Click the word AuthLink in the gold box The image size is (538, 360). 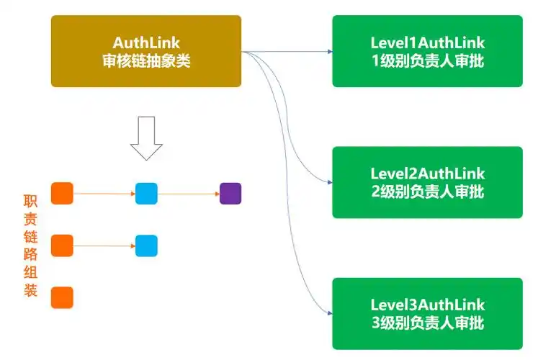(146, 43)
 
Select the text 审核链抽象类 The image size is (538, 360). (146, 60)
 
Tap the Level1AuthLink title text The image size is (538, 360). (428, 43)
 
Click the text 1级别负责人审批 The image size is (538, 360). (428, 60)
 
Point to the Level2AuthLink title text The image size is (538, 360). (428, 174)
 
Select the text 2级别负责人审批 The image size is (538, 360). (428, 192)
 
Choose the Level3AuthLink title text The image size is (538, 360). (428, 305)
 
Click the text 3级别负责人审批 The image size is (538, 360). (428, 323)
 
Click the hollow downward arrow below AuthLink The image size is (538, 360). (147, 138)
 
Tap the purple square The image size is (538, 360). (230, 194)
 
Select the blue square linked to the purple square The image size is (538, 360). (146, 194)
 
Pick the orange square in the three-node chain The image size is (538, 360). (62, 194)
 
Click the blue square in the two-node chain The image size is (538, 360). (146, 246)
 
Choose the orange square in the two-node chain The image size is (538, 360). (62, 246)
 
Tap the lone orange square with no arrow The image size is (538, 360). (62, 297)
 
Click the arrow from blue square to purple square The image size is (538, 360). (189, 194)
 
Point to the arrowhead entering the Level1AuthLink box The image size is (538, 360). (329, 52)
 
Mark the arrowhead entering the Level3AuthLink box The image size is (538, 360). (329, 313)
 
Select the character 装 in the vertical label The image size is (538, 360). (30, 294)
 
